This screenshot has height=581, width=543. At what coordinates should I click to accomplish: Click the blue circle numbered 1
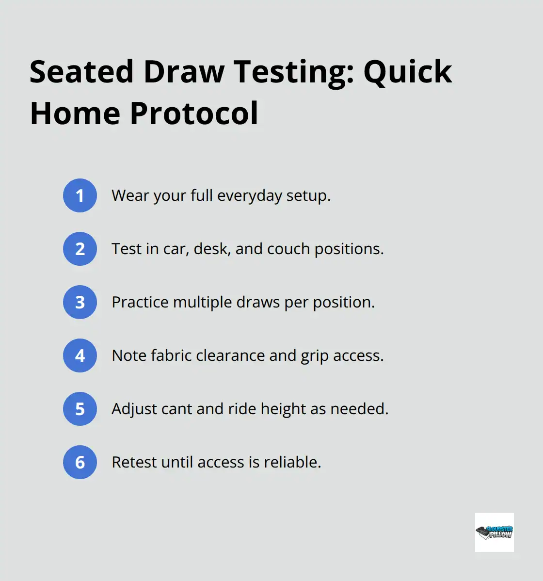[80, 195]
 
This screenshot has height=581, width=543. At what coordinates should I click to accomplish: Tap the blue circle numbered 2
[80, 249]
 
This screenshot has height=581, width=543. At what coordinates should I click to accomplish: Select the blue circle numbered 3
[80, 302]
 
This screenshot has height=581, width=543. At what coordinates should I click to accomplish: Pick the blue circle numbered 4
[80, 355]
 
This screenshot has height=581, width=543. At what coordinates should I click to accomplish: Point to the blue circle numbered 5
[80, 409]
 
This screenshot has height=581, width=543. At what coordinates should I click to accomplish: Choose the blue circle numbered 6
[80, 462]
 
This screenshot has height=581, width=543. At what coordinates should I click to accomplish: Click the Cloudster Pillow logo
[494, 532]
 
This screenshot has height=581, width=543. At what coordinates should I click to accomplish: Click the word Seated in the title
[81, 72]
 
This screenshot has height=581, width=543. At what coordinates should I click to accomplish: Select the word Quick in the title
[408, 72]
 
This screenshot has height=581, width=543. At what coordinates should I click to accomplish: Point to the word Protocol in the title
[194, 113]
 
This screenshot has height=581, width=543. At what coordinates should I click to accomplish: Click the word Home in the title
[75, 113]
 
